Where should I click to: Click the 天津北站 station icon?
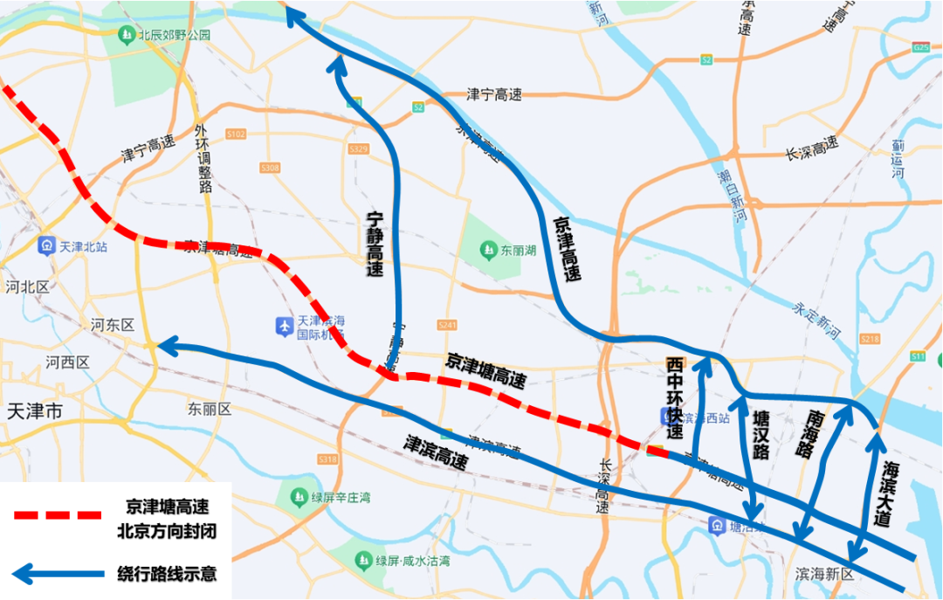(47, 246)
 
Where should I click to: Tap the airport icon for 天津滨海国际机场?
(284, 326)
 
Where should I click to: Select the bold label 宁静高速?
(375, 245)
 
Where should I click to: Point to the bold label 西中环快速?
(674, 397)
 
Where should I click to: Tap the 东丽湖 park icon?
(487, 251)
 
